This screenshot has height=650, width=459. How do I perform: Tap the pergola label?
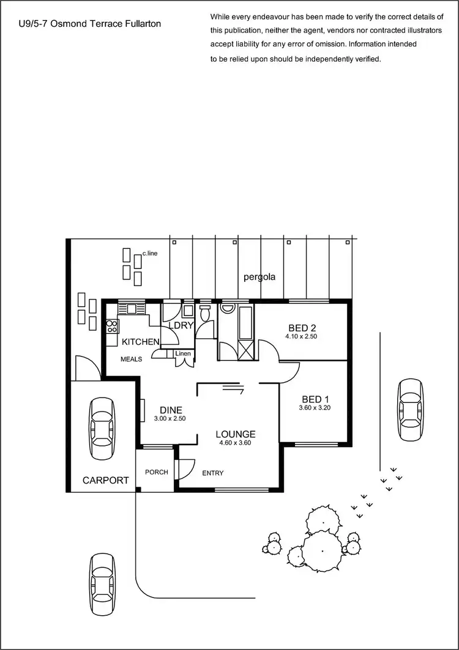click(259, 277)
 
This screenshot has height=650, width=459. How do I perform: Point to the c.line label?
click(150, 253)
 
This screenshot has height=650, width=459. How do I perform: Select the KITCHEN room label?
click(141, 342)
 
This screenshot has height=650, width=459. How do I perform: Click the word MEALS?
click(131, 360)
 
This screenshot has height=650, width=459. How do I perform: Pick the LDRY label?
click(181, 325)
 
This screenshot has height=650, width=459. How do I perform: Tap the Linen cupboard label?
click(183, 354)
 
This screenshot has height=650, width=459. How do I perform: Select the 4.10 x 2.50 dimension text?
click(300, 336)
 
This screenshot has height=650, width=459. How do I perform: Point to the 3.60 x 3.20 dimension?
click(314, 408)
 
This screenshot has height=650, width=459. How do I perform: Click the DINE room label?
click(171, 410)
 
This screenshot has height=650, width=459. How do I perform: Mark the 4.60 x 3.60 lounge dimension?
click(233, 443)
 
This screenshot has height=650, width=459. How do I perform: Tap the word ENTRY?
click(212, 473)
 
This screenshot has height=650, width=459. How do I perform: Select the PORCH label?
click(156, 473)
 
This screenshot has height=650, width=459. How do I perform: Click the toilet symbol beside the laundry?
click(206, 314)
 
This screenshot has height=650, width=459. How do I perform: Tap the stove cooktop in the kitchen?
click(112, 326)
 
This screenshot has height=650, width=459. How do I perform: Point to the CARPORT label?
click(106, 480)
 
